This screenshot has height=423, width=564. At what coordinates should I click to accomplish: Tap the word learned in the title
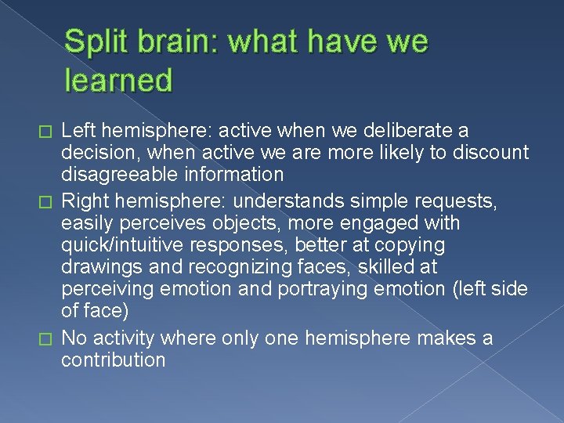[x=118, y=79]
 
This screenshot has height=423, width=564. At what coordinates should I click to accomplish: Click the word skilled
[x=385, y=267]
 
